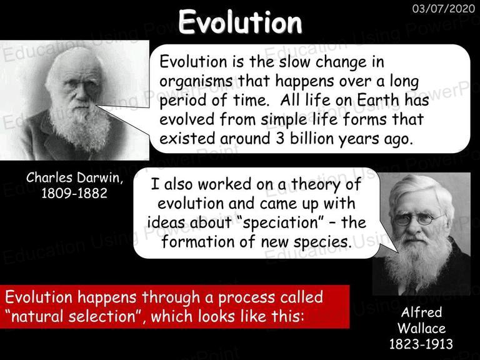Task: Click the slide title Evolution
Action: (x=240, y=22)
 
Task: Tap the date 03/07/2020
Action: (x=444, y=9)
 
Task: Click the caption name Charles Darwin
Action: (x=74, y=178)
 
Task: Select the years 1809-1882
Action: (x=74, y=193)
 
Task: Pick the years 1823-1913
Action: (x=421, y=344)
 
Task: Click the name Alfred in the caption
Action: (x=421, y=312)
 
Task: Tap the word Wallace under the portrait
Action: (x=421, y=328)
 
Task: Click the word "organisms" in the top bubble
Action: (x=196, y=82)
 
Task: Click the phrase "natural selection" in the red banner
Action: (x=74, y=316)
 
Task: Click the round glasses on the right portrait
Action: (x=416, y=219)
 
